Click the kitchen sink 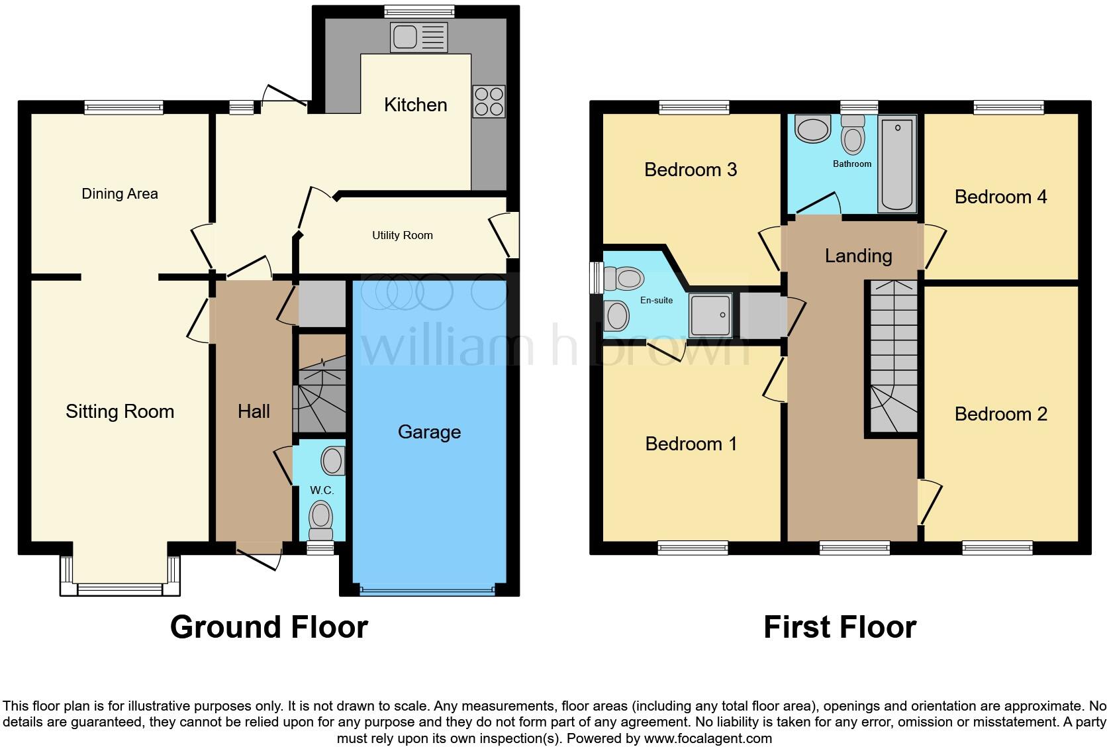click(419, 37)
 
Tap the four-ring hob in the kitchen click(489, 102)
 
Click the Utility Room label click(402, 236)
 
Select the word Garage click(429, 432)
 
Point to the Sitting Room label click(120, 412)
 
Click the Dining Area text click(120, 194)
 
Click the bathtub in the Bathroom click(897, 164)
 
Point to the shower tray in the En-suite click(710, 315)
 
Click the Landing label click(858, 256)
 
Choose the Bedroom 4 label click(1000, 197)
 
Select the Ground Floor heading click(269, 627)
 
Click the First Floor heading click(840, 627)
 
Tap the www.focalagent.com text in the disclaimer click(707, 738)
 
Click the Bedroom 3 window click(694, 107)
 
